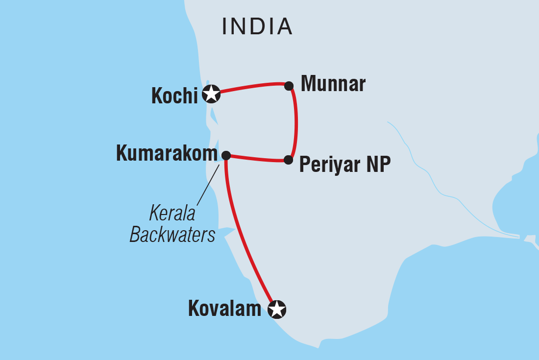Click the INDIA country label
click(x=257, y=26)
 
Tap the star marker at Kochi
click(x=211, y=93)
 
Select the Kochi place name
click(x=174, y=96)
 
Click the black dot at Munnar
click(x=289, y=86)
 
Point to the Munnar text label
click(x=333, y=84)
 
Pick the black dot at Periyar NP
click(x=289, y=160)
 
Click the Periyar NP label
click(x=345, y=165)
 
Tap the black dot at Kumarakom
click(x=226, y=155)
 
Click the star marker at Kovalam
click(x=277, y=309)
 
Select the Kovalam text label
click(x=225, y=309)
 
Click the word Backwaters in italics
click(x=172, y=235)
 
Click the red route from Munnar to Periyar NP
click(x=295, y=122)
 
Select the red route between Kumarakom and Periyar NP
click(x=257, y=159)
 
